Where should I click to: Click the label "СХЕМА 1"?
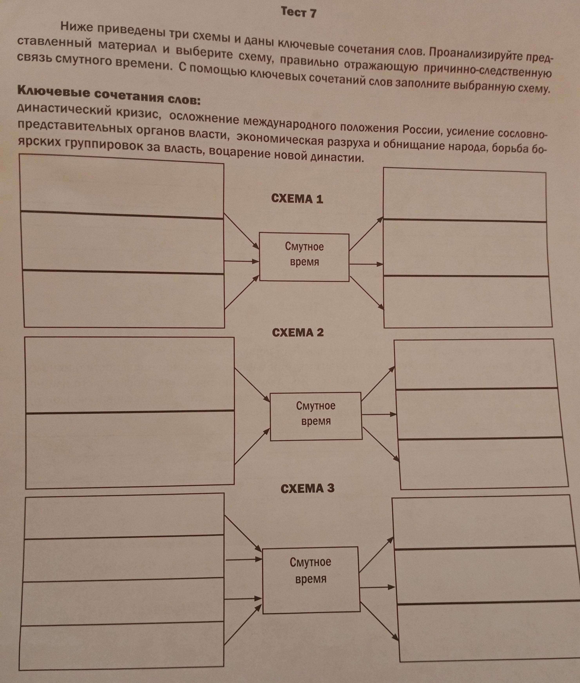pyautogui.click(x=297, y=199)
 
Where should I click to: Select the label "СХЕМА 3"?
pyautogui.click(x=307, y=488)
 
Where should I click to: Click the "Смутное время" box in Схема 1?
pyautogui.click(x=304, y=257)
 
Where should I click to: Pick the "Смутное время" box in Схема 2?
pyautogui.click(x=316, y=416)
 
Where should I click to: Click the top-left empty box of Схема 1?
pyautogui.click(x=122, y=186)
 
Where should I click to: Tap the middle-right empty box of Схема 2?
pyautogui.click(x=478, y=414)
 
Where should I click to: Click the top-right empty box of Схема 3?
pyautogui.click(x=483, y=523)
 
